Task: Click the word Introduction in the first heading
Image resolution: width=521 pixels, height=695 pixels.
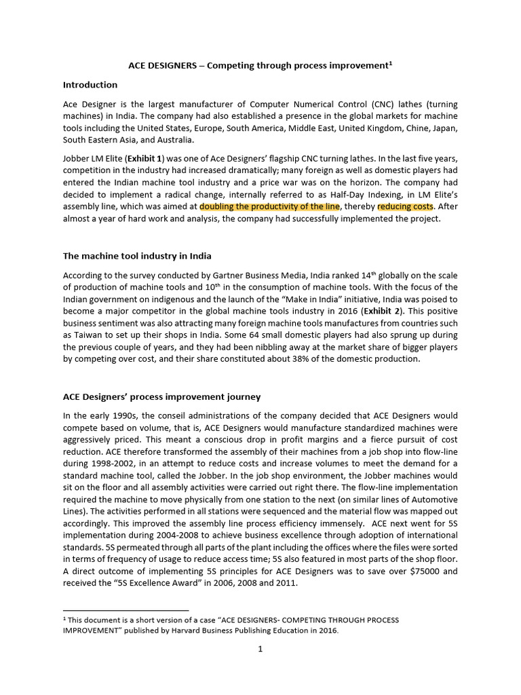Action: point(90,85)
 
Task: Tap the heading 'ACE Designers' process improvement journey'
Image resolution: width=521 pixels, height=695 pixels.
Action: point(161,396)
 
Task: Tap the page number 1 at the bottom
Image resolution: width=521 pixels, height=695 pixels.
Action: point(260,649)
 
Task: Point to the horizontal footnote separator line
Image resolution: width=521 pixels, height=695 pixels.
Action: point(126,610)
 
